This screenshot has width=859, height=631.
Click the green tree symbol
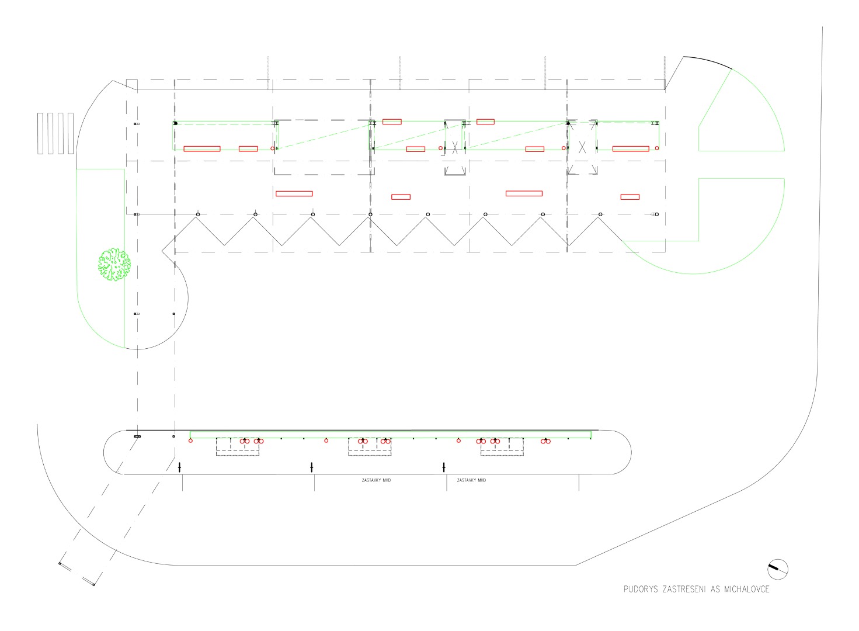[114, 264]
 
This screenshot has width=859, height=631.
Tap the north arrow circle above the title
[777, 568]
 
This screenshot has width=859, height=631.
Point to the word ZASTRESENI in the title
[684, 590]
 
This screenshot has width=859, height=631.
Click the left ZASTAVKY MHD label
[376, 480]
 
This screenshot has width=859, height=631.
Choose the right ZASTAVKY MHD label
[471, 480]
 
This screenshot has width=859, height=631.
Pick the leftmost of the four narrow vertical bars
[40, 133]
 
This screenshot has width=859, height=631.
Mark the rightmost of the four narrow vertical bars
[71, 133]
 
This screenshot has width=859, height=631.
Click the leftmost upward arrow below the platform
[179, 467]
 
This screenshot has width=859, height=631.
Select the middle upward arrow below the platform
[312, 467]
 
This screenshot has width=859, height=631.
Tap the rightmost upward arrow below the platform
[444, 467]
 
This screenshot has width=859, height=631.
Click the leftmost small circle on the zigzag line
[198, 214]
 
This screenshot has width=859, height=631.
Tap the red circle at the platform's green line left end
[190, 441]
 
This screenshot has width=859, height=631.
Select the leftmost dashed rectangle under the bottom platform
[238, 446]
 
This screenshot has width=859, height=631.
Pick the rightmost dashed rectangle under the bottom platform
[502, 446]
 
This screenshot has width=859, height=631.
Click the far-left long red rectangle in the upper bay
[202, 149]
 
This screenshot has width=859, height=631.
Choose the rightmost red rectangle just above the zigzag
[630, 197]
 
